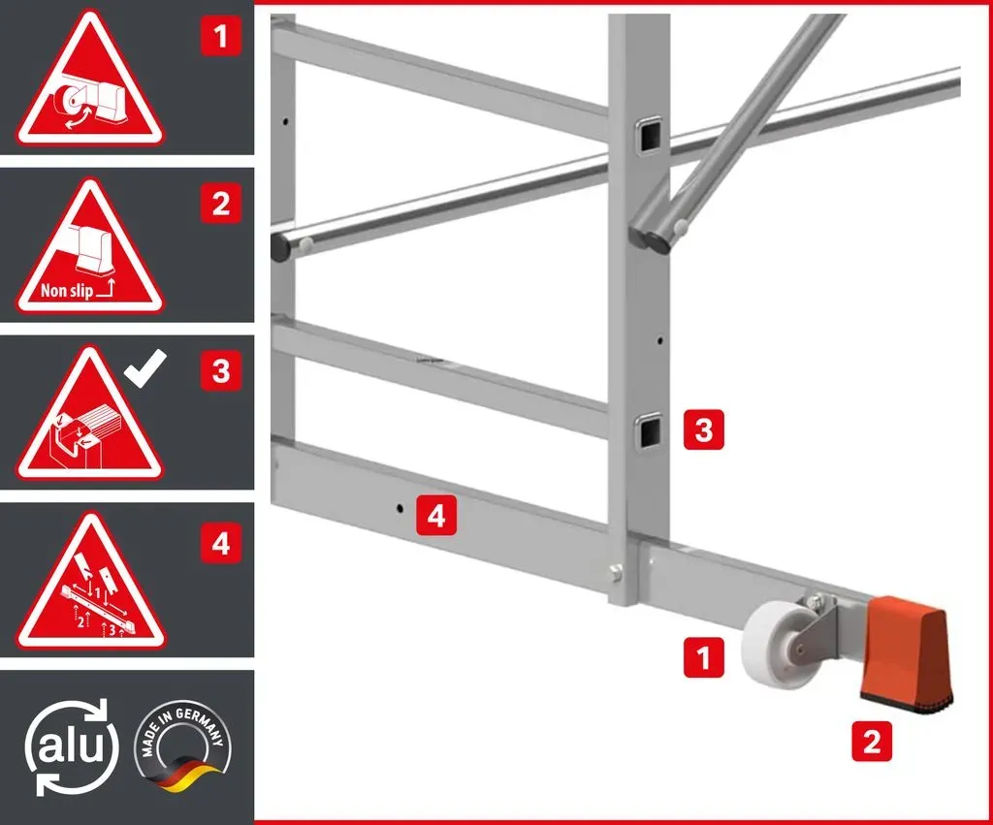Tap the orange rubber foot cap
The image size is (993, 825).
point(907,653)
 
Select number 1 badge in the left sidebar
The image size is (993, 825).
point(220,36)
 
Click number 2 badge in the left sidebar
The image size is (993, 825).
point(220,204)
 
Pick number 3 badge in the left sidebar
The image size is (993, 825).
point(220,370)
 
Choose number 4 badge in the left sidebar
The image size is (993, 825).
point(220,543)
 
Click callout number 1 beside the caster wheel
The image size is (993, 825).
point(704,657)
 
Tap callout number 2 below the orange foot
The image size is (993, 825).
point(872,741)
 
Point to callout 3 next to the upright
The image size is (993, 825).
point(704,429)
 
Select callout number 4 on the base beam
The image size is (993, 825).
point(436,516)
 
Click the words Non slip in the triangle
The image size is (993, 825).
point(67,291)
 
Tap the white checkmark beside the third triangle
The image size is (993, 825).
point(145,367)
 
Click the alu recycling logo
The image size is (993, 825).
point(71,747)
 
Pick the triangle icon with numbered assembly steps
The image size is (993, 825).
point(90,583)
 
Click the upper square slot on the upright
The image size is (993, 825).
point(649,135)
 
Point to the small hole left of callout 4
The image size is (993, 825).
point(400,508)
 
